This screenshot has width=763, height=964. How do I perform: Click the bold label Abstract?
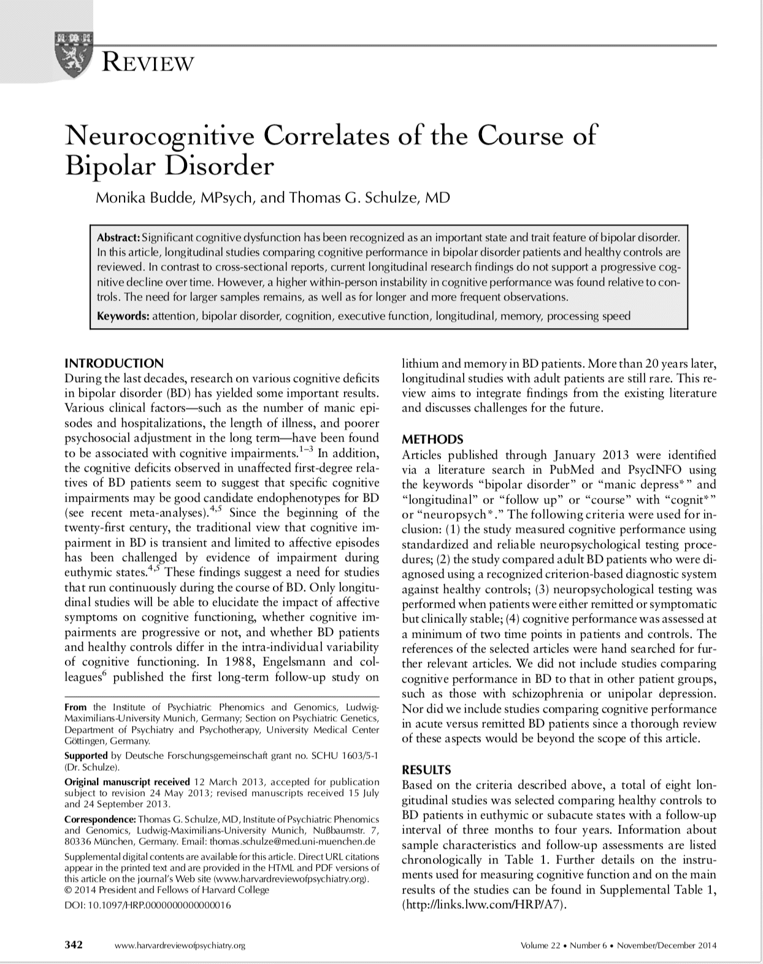coord(119,237)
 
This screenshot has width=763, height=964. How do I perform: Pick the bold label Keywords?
coord(123,316)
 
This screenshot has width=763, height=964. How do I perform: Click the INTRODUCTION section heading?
coord(114,363)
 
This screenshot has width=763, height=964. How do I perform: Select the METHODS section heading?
coord(432,439)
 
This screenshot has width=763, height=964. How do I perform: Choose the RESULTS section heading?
coord(426,770)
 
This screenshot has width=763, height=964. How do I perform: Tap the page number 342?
coord(74,945)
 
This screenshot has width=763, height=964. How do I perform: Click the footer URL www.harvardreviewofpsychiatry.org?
coord(180,946)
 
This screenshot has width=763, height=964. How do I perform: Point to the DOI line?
coord(148,905)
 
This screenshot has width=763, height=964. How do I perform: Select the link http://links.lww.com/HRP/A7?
coord(481,905)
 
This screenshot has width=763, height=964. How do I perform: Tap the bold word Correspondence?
coord(100,819)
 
